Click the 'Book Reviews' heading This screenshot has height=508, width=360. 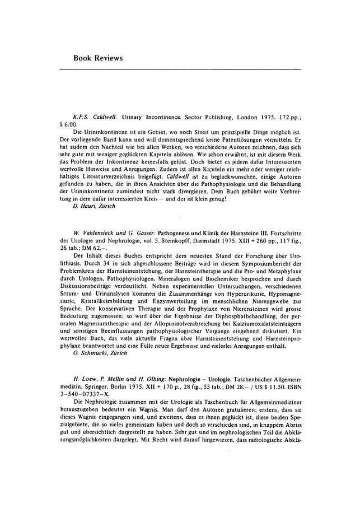pos(98,58)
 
